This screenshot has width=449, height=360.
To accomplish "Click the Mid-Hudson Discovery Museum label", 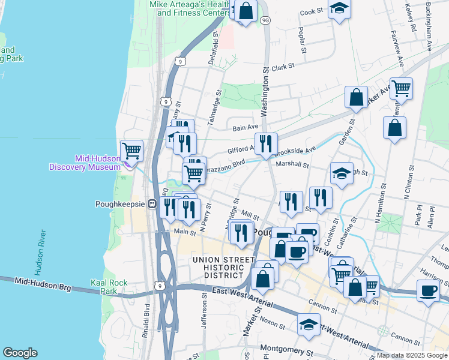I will pos(85,163).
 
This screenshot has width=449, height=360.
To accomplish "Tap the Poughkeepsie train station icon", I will pos(153,203).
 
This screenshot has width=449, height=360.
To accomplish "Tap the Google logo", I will pos(20,353).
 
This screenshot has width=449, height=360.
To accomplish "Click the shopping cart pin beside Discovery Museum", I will pos(131,150).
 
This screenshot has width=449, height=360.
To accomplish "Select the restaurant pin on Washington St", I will pos(266,143).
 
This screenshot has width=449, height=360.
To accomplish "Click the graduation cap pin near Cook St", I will pos(339,8).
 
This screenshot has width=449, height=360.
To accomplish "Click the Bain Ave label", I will pos(245,127).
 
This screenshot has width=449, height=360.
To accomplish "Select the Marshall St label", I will pos(292,164).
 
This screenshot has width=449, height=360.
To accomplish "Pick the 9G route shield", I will pos(265,20).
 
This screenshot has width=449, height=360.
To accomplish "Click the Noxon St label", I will pos(273,323).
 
